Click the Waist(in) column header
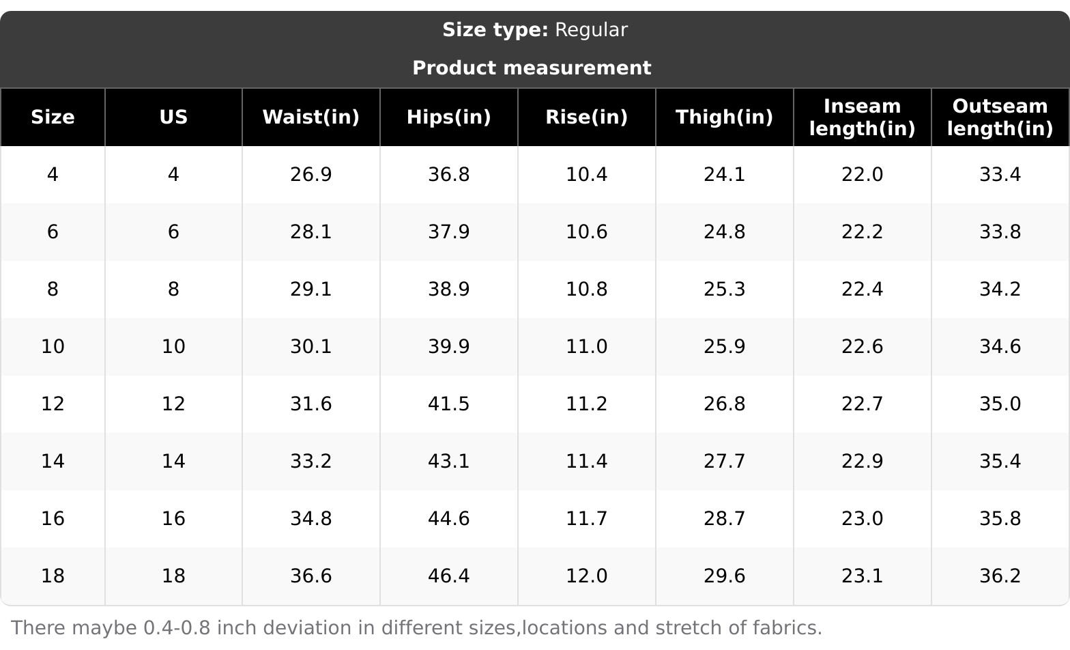[x=311, y=117]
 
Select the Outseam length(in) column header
[x=1000, y=117]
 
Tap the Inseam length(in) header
[x=862, y=117]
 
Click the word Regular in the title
[x=591, y=30]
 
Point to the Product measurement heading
[x=532, y=68]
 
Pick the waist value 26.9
[x=311, y=175]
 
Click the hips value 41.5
[x=448, y=404]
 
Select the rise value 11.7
[x=586, y=519]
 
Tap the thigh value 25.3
[x=724, y=289]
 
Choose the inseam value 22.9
[x=862, y=462]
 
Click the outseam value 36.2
[x=1000, y=576]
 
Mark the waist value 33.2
[x=311, y=462]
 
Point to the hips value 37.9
[x=448, y=232]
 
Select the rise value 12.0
[x=586, y=576]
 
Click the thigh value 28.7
[x=724, y=519]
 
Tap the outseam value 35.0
[x=1000, y=404]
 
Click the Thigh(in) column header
[x=724, y=117]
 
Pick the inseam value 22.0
[x=862, y=175]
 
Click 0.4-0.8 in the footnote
[x=177, y=628]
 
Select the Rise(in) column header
[x=586, y=117]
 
